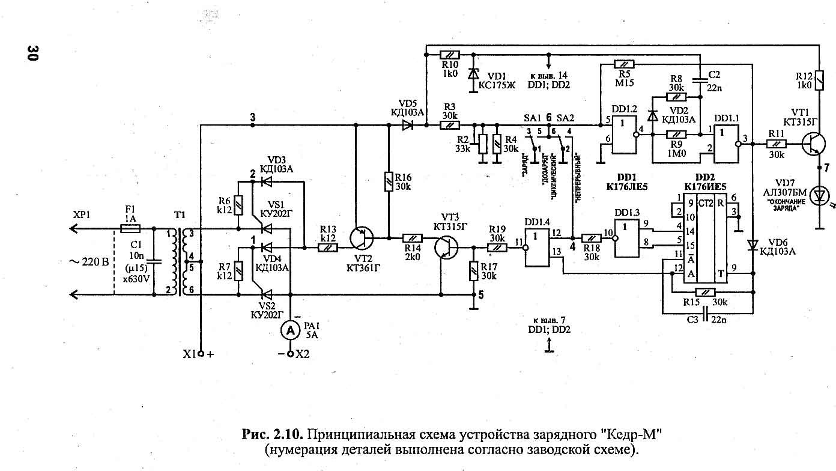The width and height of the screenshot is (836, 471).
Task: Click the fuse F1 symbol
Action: point(130,228)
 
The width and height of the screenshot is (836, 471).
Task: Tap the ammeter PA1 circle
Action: point(291,329)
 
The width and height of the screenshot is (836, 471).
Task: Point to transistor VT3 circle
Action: point(445,246)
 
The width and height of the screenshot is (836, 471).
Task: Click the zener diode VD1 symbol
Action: point(473,74)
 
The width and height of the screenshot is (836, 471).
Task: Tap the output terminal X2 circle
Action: point(291,354)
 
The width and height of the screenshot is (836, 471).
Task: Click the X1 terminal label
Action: point(190,354)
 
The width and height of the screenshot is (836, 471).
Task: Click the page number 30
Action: point(31,53)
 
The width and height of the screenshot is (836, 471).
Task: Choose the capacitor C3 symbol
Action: point(705,313)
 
